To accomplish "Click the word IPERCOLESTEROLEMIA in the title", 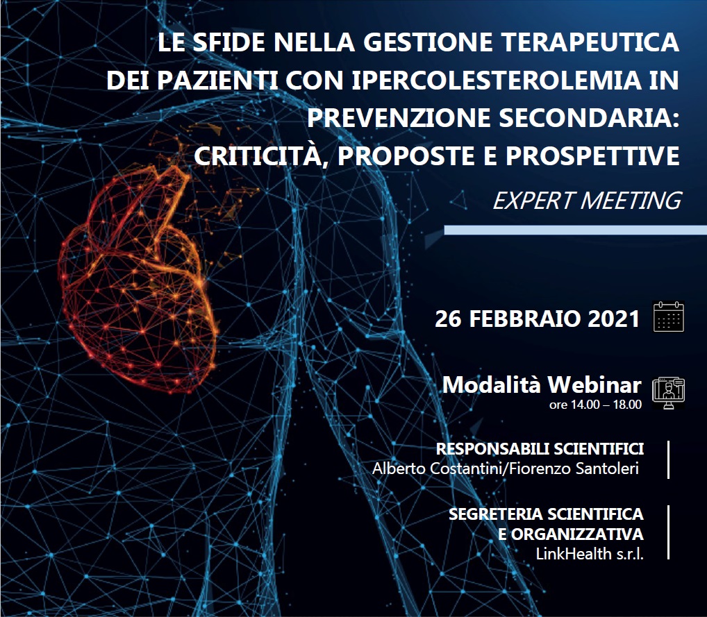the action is tap(497, 81).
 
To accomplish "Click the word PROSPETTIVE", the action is tap(592, 156).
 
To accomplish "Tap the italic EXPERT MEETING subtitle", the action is tap(587, 201).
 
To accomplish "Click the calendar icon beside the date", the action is tap(669, 317).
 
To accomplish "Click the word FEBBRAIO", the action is tap(525, 319).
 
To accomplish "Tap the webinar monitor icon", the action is tap(669, 393).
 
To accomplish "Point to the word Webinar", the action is tap(594, 385).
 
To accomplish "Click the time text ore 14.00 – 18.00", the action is tap(595, 405).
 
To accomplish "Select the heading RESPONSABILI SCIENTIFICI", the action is tap(540, 449).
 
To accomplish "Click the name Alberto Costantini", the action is tap(437, 468).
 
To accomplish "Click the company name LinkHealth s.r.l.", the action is tap(590, 553).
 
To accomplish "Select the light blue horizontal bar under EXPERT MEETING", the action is tap(575, 230).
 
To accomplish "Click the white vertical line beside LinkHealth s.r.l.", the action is tap(668, 532).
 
